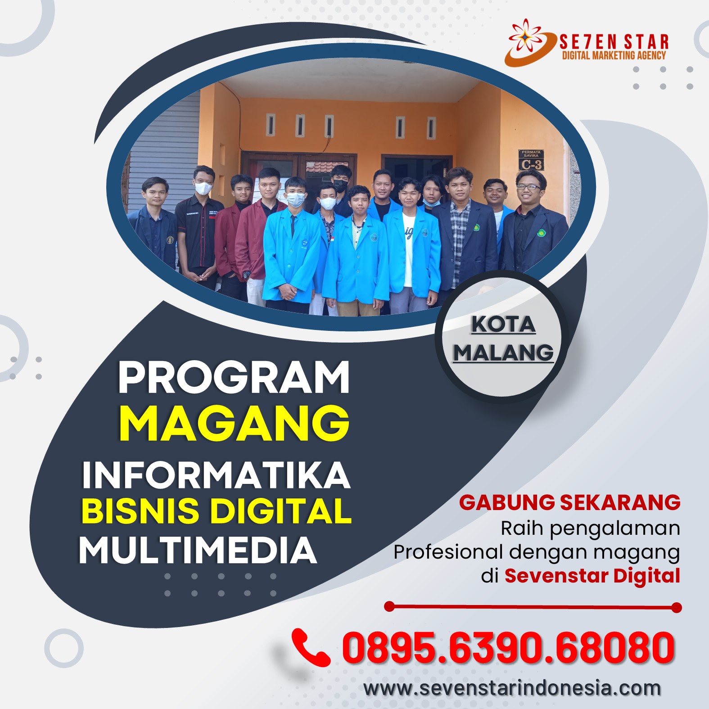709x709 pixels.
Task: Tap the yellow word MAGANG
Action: tap(235, 424)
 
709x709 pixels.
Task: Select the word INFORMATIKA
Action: tap(216, 474)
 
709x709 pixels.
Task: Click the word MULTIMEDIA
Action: tap(198, 550)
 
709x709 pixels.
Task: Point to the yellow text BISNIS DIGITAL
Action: tap(217, 511)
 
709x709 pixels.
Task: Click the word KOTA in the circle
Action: tap(503, 324)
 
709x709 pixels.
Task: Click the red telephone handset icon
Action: tap(311, 647)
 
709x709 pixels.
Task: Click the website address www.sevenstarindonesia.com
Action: tap(512, 688)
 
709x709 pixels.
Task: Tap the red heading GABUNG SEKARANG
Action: tap(570, 502)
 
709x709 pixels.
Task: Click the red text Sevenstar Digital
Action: tap(592, 575)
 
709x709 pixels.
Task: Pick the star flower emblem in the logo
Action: tap(525, 35)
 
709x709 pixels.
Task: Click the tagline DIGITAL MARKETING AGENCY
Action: tap(614, 55)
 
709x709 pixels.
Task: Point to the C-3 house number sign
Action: tap(531, 161)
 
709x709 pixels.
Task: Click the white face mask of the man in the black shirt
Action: tap(203, 188)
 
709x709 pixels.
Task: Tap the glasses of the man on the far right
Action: tap(529, 186)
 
